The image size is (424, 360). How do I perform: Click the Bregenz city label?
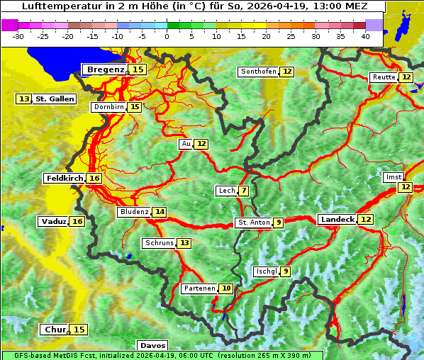point(106,69)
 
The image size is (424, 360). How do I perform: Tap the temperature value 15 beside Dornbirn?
point(135,107)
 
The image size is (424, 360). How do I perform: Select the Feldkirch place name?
point(65,179)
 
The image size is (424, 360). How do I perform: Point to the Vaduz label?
point(53,222)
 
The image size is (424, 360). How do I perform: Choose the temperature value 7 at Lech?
point(244,191)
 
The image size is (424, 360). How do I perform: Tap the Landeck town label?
point(337,220)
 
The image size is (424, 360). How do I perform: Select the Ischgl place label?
point(267,271)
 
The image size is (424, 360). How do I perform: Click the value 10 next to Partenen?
point(225,288)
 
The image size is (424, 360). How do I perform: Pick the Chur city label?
point(55,330)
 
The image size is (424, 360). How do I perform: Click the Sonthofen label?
point(258,72)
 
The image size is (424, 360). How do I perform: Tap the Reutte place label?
point(384,77)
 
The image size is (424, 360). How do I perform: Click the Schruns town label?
point(159,243)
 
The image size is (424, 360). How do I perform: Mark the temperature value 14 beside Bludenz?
point(160,212)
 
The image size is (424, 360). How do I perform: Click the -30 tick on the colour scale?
point(18,35)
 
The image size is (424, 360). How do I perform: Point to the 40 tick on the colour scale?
point(365,35)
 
